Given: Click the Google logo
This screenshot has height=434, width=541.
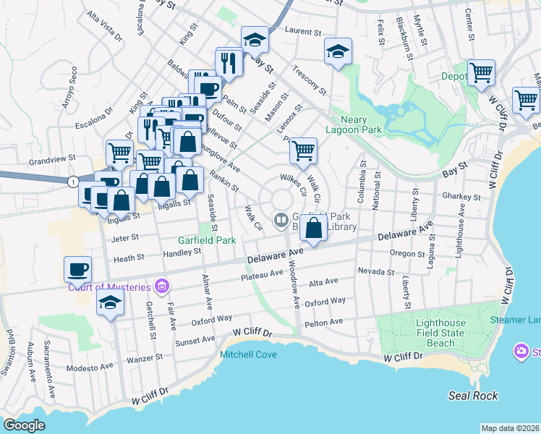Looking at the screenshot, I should coord(25,425).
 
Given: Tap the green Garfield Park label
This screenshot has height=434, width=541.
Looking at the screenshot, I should coord(208,240).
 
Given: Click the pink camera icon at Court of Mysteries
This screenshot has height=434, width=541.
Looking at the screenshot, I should coord(161,284).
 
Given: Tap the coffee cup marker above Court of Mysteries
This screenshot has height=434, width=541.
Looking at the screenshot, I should coord(78,269).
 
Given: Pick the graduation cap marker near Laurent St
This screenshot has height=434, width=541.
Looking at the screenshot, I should coord(255,40).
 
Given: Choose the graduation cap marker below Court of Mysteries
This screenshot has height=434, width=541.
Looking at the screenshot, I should coord(110,302).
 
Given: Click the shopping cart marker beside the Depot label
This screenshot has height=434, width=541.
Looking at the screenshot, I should coord(481,72).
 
